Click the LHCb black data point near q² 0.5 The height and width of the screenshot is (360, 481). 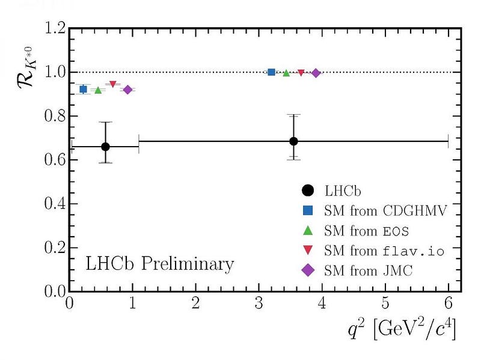pyautogui.click(x=105, y=147)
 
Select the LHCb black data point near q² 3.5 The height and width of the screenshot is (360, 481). pyautogui.click(x=293, y=141)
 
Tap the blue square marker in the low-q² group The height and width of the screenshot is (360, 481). pyautogui.click(x=84, y=89)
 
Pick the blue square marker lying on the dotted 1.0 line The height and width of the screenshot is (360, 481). pyautogui.click(x=271, y=72)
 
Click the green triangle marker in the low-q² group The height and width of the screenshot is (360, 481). pyautogui.click(x=98, y=90)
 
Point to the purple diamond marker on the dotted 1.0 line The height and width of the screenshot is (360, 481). pyautogui.click(x=316, y=73)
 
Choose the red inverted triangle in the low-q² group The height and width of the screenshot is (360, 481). pyautogui.click(x=112, y=84)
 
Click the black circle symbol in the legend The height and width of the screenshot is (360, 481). pyautogui.click(x=308, y=190)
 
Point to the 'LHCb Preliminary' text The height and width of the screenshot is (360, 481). pyautogui.click(x=159, y=264)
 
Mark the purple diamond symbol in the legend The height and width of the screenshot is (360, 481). pyautogui.click(x=308, y=271)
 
